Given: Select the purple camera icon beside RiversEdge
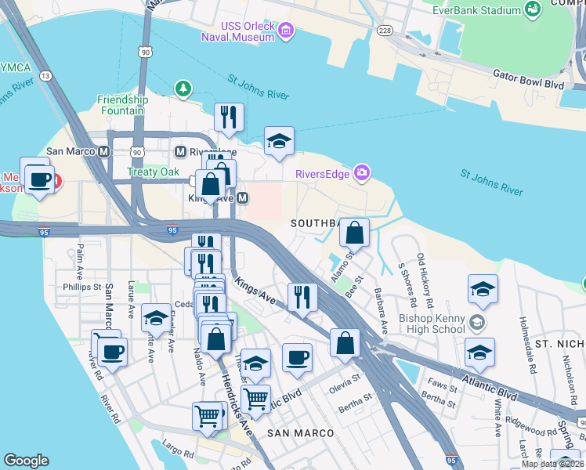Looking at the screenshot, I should pyautogui.click(x=361, y=172).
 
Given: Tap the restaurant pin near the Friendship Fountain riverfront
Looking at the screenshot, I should pyautogui.click(x=229, y=117).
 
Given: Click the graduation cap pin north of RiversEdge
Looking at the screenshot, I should pyautogui.click(x=279, y=142).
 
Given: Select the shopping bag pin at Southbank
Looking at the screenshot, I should pyautogui.click(x=355, y=232).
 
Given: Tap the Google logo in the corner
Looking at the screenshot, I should pyautogui.click(x=26, y=461).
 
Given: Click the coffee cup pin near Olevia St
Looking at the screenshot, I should pyautogui.click(x=297, y=357).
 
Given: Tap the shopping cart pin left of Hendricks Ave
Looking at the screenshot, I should pyautogui.click(x=207, y=416).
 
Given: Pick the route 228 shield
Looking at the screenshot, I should pyautogui.click(x=384, y=30).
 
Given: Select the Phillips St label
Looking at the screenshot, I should pyautogui.click(x=82, y=287).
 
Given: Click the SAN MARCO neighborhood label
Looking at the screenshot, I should pyautogui.click(x=301, y=433).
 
